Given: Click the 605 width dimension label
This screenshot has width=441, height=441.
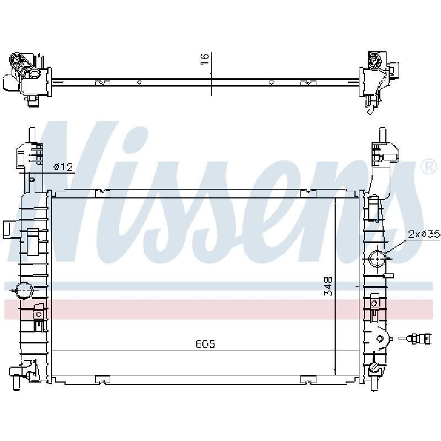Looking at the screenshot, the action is pos(205,344).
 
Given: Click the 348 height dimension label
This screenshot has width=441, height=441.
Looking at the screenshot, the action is pos(328,286).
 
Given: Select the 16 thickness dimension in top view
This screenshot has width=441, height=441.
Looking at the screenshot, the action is pos(205,60).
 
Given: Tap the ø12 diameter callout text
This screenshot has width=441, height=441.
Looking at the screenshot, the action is pos(63,167).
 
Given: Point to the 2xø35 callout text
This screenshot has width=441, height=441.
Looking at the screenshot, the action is pos(424,234).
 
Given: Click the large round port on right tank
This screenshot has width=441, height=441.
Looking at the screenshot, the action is pos(377,258).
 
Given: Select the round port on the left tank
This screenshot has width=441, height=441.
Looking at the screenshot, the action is pos(24,290).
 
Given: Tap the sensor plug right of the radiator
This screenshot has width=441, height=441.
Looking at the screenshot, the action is pos(415,338).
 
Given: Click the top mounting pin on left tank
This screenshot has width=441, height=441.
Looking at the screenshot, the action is pos(32,135).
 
